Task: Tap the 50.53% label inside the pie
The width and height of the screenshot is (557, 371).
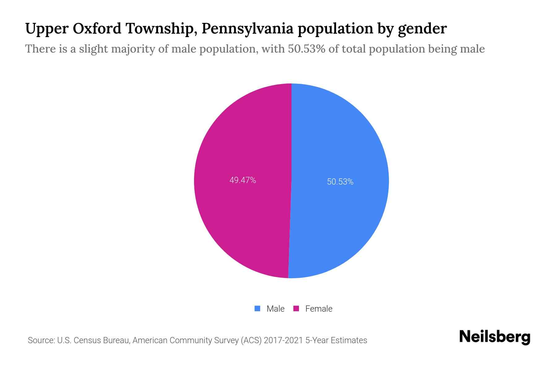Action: (x=340, y=182)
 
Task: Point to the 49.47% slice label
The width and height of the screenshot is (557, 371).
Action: (x=243, y=180)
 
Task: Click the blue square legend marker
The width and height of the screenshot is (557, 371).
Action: (x=257, y=309)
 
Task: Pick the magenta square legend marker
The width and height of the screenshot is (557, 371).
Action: (x=296, y=309)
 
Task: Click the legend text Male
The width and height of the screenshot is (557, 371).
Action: (x=275, y=309)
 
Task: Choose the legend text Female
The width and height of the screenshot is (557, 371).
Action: (x=319, y=309)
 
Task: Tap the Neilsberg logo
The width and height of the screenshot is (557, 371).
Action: (x=494, y=337)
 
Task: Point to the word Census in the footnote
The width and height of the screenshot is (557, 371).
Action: (x=87, y=340)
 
